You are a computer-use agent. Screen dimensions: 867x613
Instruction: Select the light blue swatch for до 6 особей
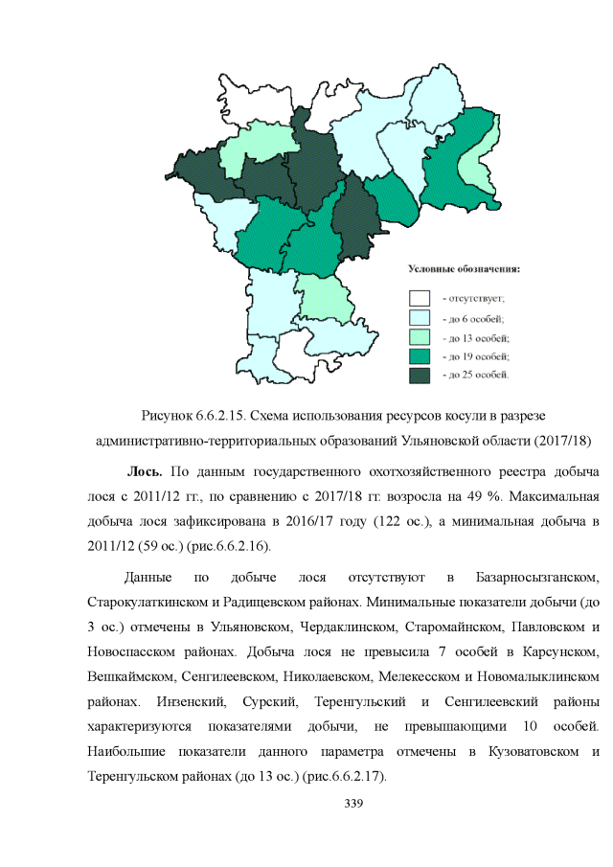click(420, 318)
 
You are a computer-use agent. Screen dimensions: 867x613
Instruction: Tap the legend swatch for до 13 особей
click(420, 337)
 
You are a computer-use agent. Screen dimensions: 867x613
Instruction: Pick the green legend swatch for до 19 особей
click(420, 356)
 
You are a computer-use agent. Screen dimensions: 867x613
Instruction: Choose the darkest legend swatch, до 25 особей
click(420, 376)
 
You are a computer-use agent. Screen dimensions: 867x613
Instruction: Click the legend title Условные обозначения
click(465, 268)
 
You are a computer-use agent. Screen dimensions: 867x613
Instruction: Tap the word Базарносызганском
click(537, 578)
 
